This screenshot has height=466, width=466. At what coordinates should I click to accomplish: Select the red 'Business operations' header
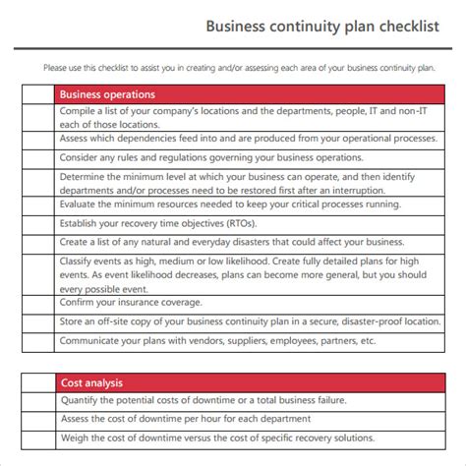coord(107,95)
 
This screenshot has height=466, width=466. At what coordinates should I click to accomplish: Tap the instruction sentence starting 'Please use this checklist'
coord(238,68)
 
